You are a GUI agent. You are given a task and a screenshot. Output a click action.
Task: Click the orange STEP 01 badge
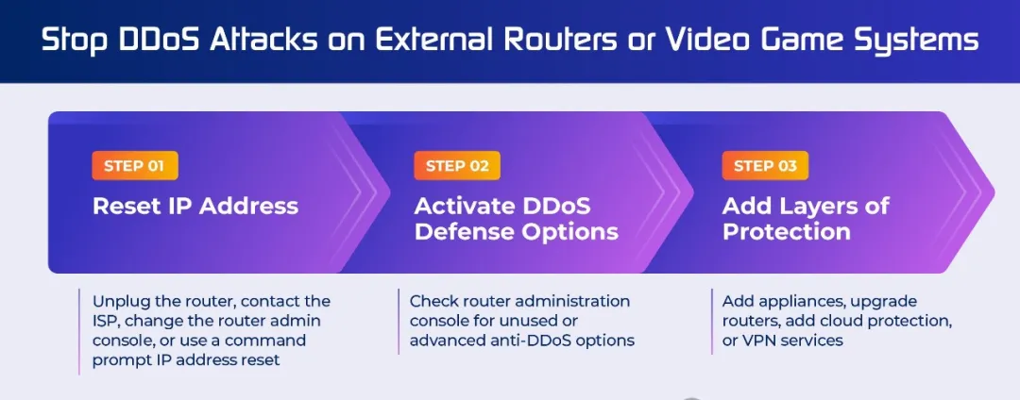[135, 166]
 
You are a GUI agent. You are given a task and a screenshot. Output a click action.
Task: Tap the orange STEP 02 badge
[457, 166]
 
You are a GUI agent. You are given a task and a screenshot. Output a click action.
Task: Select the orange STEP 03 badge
[765, 166]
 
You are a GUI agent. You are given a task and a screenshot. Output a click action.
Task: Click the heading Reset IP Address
[195, 207]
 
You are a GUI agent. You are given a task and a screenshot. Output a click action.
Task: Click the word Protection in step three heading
[787, 232]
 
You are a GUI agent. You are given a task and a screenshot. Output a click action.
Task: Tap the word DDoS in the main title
[144, 41]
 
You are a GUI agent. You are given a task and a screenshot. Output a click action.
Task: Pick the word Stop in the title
[66, 42]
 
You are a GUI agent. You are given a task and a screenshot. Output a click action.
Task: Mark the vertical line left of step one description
[78, 332]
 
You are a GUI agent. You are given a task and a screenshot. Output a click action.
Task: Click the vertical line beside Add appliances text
[712, 322]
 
